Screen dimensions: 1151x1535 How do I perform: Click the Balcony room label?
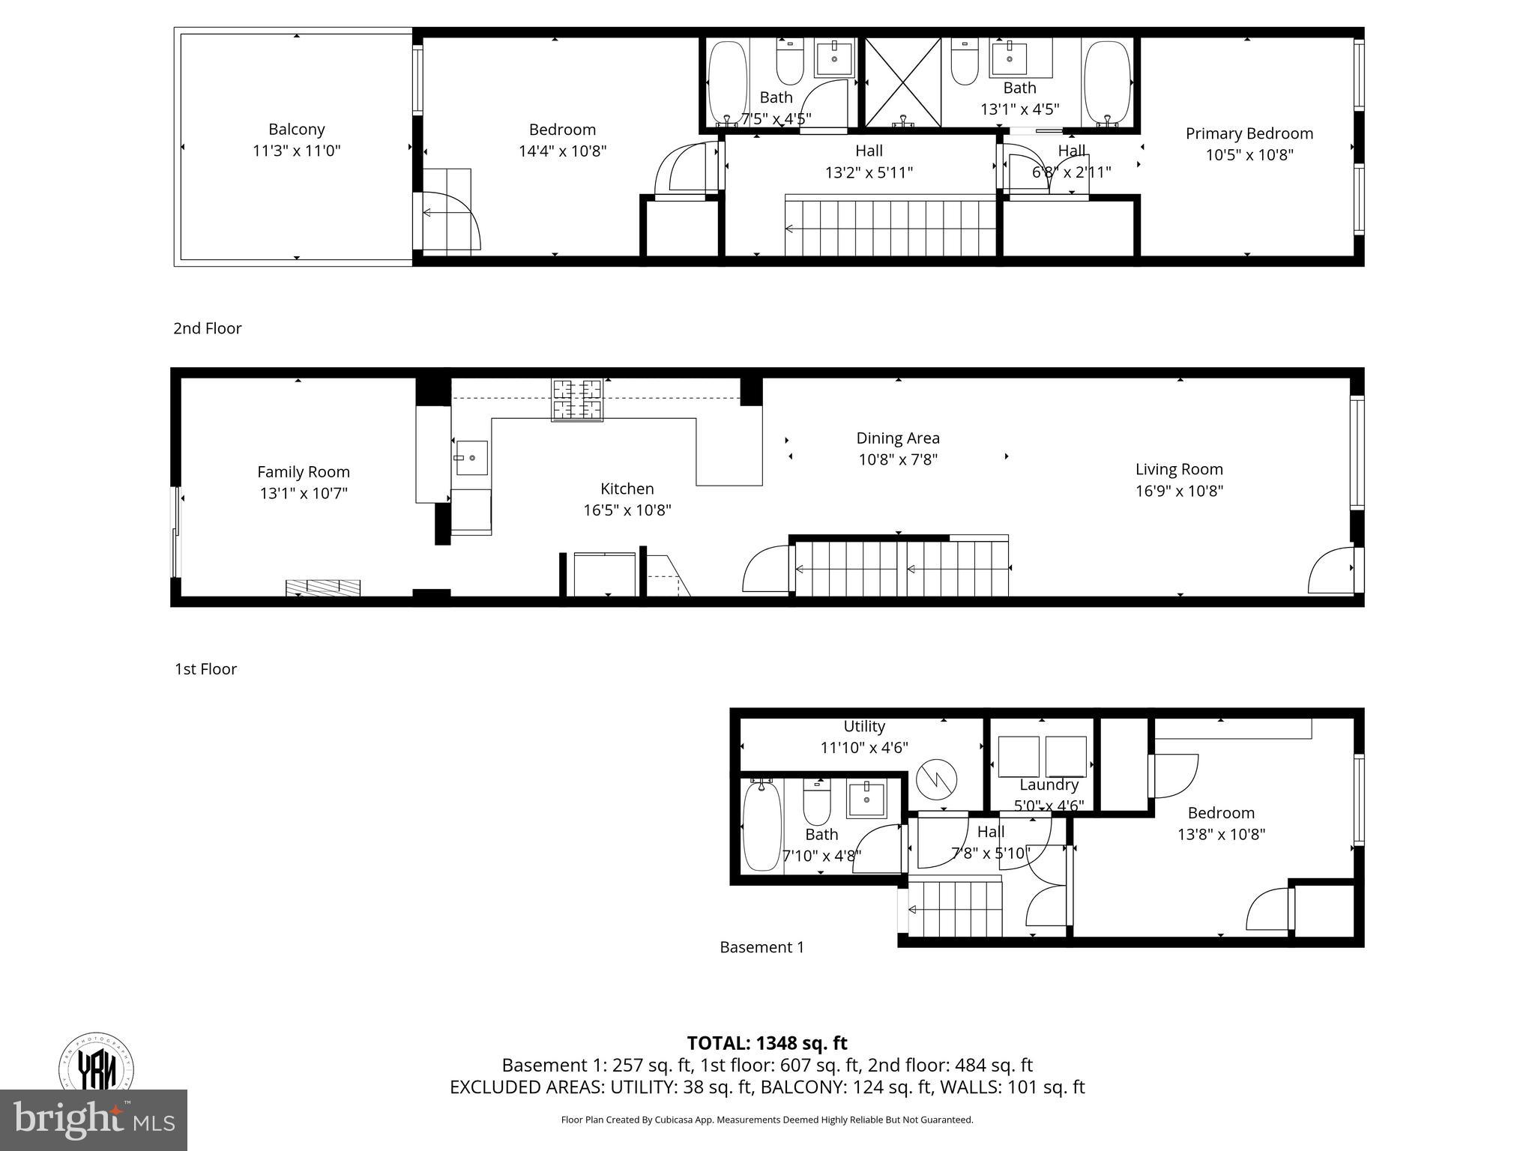point(296,129)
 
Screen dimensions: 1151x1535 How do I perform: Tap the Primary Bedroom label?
point(1249,133)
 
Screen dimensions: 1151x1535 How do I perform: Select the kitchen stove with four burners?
point(577,399)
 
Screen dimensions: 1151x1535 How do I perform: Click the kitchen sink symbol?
point(472,457)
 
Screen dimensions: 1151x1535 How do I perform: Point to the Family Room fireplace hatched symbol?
point(323,587)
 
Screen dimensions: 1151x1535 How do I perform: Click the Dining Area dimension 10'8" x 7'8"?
point(898,459)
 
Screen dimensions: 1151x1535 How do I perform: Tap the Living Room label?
point(1178,469)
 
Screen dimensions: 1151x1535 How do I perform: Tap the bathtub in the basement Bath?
point(762,824)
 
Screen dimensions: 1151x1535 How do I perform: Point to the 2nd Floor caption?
point(207,328)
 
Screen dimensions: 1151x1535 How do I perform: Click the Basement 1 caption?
point(762,947)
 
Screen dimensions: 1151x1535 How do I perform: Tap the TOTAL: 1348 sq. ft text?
point(767,1043)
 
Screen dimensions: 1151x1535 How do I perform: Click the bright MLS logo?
point(93,1120)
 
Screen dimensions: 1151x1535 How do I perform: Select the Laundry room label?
point(1048,785)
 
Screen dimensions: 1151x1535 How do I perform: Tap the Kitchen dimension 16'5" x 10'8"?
point(627,510)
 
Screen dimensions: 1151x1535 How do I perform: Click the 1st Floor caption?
point(205,669)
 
